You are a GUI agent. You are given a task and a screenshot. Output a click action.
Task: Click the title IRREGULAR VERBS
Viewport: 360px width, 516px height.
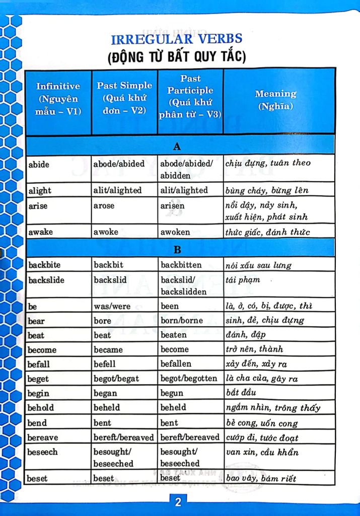pyautogui.click(x=176, y=39)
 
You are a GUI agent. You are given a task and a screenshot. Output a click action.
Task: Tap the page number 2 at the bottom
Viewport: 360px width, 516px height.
pyautogui.click(x=178, y=502)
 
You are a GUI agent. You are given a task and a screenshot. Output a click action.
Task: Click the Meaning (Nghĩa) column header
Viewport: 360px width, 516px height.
pyautogui.click(x=275, y=99)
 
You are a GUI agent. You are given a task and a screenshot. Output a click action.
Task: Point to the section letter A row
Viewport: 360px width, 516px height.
pyautogui.click(x=177, y=147)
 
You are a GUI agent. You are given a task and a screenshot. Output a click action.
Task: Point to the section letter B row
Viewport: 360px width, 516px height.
pyautogui.click(x=177, y=250)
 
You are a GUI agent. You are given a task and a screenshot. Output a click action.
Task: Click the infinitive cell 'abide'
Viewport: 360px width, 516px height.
pyautogui.click(x=39, y=164)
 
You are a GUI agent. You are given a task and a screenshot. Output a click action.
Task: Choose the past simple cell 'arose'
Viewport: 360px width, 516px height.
pyautogui.click(x=104, y=206)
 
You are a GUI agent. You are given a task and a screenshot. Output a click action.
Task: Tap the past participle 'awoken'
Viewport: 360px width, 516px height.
pyautogui.click(x=175, y=232)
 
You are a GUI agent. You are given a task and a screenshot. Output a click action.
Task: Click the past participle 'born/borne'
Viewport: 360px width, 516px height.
pyautogui.click(x=182, y=320)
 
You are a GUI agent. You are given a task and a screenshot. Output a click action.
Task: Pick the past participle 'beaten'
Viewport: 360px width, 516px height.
pyautogui.click(x=174, y=335)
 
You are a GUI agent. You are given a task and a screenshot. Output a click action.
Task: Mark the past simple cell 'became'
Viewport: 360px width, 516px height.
pyautogui.click(x=108, y=350)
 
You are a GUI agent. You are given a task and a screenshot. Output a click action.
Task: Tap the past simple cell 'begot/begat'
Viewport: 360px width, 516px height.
pyautogui.click(x=116, y=378)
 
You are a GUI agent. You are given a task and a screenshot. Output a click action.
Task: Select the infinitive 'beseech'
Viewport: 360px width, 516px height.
pyautogui.click(x=42, y=452)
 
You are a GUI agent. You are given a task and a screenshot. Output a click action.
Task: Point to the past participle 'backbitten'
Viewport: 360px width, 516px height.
pyautogui.click(x=181, y=265)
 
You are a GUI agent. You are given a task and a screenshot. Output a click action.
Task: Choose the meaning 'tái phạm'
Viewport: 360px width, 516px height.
pyautogui.click(x=243, y=280)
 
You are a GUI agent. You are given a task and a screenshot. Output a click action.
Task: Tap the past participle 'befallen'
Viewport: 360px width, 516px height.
pyautogui.click(x=176, y=364)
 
